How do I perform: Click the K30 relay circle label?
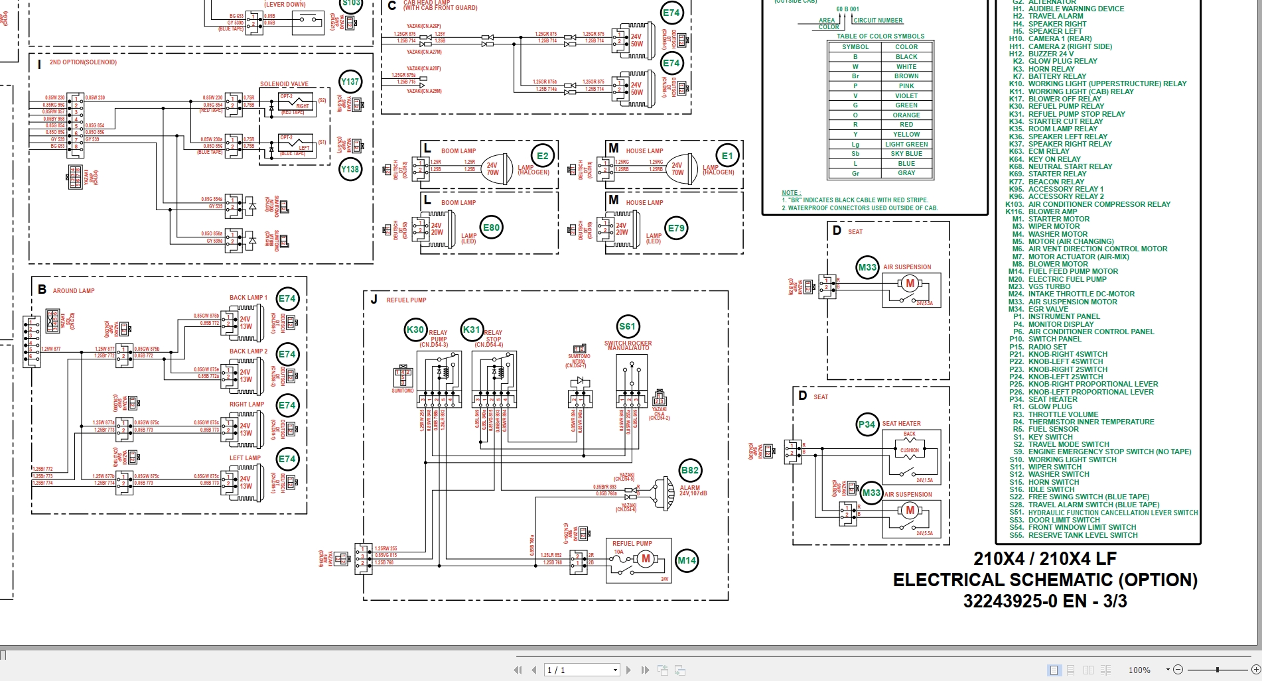tap(415, 330)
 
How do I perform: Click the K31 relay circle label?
tap(472, 330)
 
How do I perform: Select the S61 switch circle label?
tap(627, 326)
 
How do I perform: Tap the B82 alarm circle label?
tap(690, 470)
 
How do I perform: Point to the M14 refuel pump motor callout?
tap(687, 560)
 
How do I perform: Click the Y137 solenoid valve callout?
tap(350, 82)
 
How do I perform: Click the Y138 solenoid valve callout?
tap(350, 169)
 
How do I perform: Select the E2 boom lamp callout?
tap(543, 156)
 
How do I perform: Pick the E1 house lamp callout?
tap(727, 156)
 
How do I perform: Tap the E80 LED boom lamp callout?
tap(491, 227)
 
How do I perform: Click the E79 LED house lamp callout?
tap(676, 228)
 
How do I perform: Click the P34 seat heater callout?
tap(867, 424)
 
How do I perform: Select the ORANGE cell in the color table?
tap(906, 115)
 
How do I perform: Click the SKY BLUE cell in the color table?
tap(906, 154)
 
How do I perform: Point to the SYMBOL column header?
tap(855, 47)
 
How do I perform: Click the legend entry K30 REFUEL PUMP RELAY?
tap(1066, 106)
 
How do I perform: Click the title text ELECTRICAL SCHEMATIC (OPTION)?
tap(1045, 580)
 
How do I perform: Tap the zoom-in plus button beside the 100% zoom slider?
tap(1255, 670)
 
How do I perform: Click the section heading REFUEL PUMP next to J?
tap(406, 300)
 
